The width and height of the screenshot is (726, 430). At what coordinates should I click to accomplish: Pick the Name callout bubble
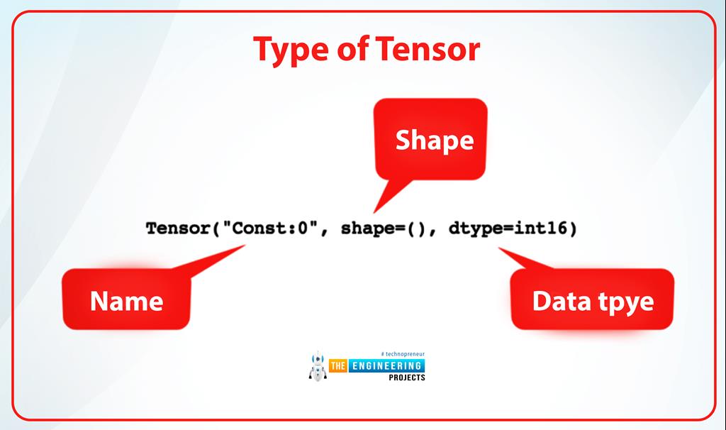coord(126,301)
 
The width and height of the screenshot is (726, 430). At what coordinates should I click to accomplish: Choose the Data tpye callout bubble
coord(593,301)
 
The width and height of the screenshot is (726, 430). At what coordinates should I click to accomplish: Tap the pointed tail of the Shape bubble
coord(380,202)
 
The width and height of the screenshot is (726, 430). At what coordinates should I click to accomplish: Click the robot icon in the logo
coord(317,366)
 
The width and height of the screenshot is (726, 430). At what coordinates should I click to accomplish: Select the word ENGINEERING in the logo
coord(386,366)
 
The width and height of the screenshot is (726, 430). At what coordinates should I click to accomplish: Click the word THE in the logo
coord(338,366)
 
